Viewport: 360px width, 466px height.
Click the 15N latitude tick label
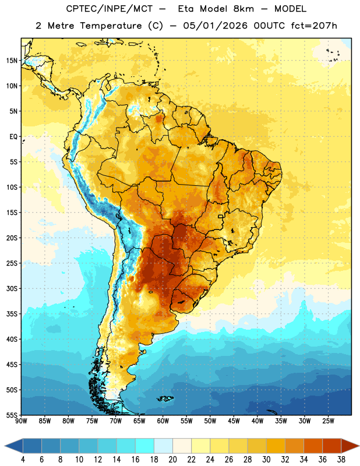(12, 61)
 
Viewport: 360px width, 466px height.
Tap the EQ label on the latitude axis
(13, 137)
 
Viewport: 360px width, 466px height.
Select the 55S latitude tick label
(12, 415)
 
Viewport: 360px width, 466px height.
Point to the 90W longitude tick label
(21, 421)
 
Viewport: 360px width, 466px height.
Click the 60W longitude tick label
(163, 421)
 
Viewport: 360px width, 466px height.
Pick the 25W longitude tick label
(328, 421)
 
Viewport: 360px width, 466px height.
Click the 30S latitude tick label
(12, 288)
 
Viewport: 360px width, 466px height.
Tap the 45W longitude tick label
(234, 421)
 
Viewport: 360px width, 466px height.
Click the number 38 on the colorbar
(341, 460)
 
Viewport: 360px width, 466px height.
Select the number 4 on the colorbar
(23, 460)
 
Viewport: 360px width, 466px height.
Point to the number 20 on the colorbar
(172, 460)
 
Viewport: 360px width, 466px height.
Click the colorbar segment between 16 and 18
(145, 446)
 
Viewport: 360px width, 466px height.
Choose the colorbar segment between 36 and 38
(332, 446)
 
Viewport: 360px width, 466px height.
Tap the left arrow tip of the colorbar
(5, 446)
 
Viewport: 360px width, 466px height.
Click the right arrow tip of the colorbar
(359, 446)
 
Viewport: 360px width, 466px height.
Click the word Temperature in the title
(111, 26)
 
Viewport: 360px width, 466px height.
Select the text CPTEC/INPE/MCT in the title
(110, 9)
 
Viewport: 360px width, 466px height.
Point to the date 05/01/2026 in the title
(215, 26)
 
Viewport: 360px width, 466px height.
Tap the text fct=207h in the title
(314, 26)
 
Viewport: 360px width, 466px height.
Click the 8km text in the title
(243, 9)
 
